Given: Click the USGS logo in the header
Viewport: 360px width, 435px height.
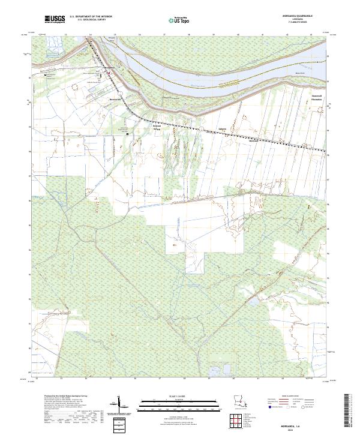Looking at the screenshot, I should coord(55,20).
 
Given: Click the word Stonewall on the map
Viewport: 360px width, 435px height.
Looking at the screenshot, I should coord(317,96).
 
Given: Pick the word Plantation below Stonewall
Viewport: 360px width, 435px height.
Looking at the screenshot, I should coord(317,100).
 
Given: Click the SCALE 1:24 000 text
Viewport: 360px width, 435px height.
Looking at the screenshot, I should coord(179,396).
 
